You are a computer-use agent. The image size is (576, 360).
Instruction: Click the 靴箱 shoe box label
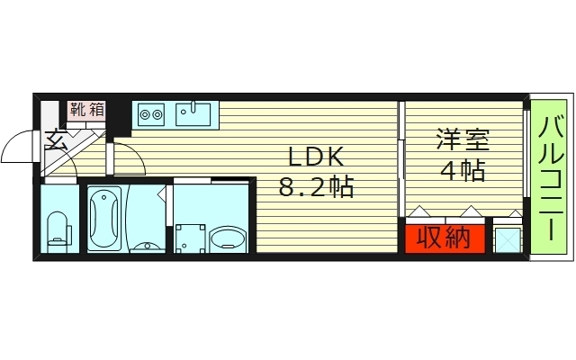tap(86, 110)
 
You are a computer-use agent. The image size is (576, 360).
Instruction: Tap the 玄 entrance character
tap(56, 139)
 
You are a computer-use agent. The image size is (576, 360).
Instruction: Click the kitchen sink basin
tap(193, 114)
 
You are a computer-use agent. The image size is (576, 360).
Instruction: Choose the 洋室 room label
tap(463, 139)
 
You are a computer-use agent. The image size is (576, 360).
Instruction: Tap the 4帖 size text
tap(463, 169)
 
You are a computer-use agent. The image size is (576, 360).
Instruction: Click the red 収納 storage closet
tap(444, 239)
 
